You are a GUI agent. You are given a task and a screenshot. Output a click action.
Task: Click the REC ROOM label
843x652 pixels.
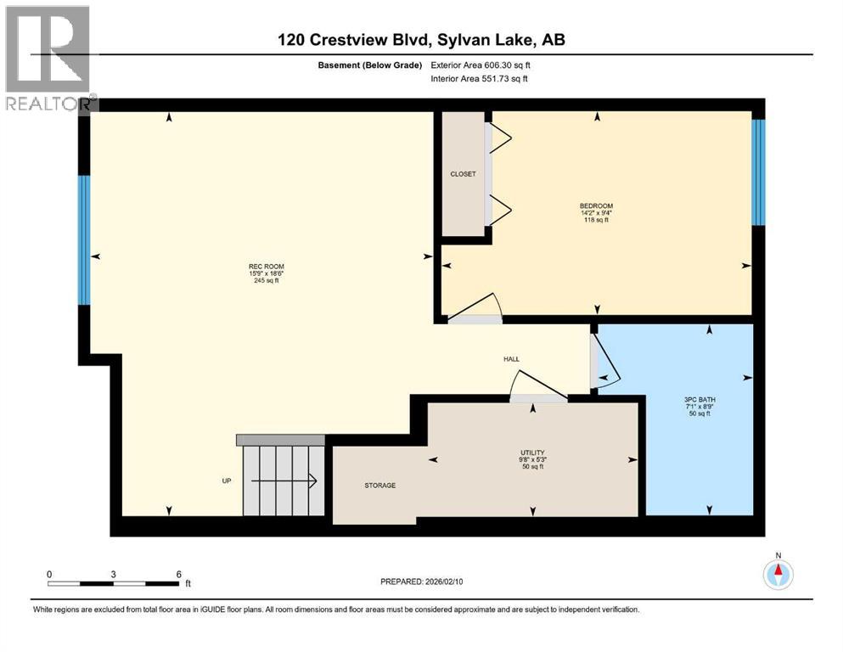(x=266, y=267)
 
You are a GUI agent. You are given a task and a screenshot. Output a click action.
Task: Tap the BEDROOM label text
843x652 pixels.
(x=596, y=205)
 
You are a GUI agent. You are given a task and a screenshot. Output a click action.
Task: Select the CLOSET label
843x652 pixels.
(x=463, y=174)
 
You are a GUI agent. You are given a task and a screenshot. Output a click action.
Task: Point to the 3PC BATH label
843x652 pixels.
(x=700, y=400)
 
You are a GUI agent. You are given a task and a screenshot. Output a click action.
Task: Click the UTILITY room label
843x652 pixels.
(x=532, y=452)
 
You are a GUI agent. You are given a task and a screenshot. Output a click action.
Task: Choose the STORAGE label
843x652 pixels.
(x=380, y=486)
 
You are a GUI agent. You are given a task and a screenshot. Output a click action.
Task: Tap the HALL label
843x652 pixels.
(x=511, y=359)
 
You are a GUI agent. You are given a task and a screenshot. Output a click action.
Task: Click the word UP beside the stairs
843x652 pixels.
(x=227, y=481)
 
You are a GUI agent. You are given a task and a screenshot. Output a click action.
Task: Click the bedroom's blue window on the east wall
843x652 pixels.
(x=758, y=172)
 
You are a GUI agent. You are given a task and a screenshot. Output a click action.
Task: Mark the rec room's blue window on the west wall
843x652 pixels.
(x=84, y=240)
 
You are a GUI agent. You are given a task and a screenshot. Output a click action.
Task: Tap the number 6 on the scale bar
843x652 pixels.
(x=179, y=574)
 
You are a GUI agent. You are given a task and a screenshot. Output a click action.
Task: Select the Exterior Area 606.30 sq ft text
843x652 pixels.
(x=481, y=65)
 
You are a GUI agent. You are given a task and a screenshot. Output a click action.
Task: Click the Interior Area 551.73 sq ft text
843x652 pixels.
(x=479, y=78)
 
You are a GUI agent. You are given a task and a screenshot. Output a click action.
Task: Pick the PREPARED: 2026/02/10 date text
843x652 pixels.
(x=421, y=582)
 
